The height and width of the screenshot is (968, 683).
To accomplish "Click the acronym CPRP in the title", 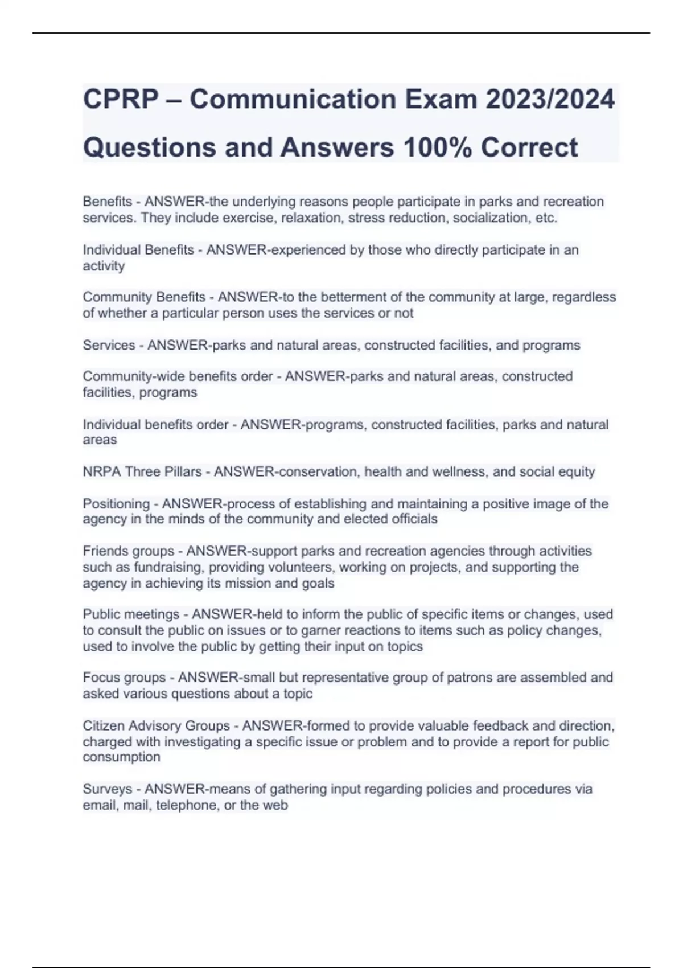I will [121, 99].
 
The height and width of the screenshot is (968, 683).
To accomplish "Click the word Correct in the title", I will [529, 147].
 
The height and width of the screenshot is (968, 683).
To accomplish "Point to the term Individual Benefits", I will [138, 250].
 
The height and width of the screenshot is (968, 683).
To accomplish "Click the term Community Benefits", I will [144, 297].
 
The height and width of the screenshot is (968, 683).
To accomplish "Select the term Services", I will [109, 345].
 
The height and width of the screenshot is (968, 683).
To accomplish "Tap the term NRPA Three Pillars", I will [142, 472].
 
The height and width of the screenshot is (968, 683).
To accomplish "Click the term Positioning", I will [116, 504].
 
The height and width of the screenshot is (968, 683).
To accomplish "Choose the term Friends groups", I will [129, 551].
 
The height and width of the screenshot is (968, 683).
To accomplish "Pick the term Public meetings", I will [131, 614].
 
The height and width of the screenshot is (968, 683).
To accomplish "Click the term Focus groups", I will [124, 678].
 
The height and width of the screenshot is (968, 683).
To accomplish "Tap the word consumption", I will [121, 757].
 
